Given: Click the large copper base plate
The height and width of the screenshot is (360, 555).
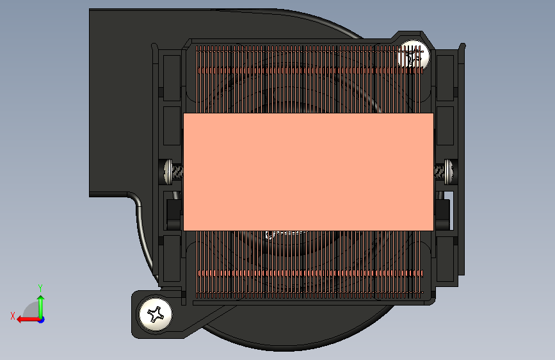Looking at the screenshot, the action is point(309,172).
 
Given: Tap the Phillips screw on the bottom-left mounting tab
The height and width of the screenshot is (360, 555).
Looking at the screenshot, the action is point(156,314).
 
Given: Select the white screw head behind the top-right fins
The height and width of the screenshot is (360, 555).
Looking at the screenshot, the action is point(413,56).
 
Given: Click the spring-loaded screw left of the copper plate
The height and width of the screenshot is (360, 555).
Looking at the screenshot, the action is point(173,172).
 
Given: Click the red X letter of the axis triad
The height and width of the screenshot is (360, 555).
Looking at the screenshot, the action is point(13,316).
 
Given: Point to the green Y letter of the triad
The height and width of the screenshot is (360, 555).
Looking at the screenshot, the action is point(40,288).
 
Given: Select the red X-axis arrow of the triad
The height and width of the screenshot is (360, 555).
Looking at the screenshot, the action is point(28,320).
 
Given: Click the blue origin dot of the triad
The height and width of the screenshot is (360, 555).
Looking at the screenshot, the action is point(42,320).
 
